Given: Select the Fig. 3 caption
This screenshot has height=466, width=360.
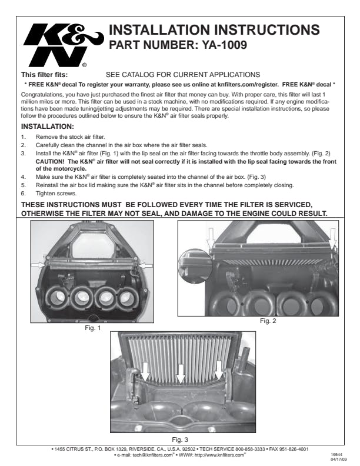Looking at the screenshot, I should (x=179, y=439).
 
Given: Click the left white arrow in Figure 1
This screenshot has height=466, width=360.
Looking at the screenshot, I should (x=39, y=266).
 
